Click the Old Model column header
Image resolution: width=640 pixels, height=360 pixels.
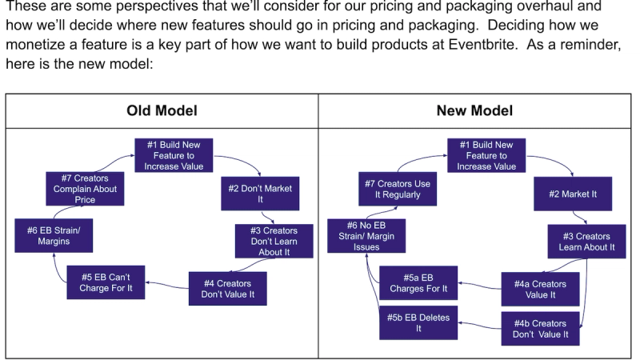(x=162, y=110)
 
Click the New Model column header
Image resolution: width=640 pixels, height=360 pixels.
(x=474, y=110)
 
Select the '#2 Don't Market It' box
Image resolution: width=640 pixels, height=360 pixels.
(x=260, y=194)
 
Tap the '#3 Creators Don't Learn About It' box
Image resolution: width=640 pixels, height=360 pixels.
(x=274, y=241)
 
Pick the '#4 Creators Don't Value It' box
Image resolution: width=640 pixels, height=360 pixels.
(x=227, y=289)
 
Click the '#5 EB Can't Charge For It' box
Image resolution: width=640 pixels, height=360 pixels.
(x=106, y=282)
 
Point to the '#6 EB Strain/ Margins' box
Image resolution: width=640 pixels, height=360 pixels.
(x=54, y=234)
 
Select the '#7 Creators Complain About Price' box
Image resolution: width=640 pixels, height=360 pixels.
(x=85, y=189)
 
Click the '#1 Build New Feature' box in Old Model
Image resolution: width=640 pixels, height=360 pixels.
(x=174, y=155)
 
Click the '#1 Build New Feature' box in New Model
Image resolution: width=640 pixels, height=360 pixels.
(x=486, y=155)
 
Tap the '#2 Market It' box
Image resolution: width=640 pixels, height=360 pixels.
(x=573, y=194)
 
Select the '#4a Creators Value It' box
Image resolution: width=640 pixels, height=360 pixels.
(x=541, y=289)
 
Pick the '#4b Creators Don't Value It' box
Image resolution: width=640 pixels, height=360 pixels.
(x=541, y=329)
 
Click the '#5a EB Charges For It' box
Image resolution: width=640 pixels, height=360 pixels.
(x=418, y=282)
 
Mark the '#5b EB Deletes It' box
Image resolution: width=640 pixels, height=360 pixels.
(x=418, y=322)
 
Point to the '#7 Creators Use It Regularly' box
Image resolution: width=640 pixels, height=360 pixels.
(x=398, y=189)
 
